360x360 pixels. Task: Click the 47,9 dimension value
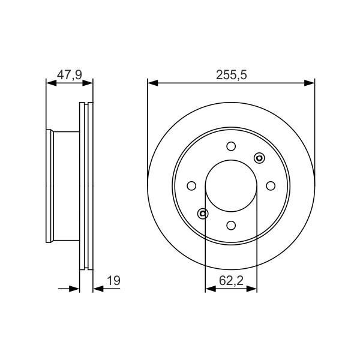coord(70,75)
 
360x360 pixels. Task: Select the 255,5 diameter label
coord(231,75)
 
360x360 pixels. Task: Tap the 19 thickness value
coord(113,281)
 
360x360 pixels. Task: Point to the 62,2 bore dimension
coord(231,281)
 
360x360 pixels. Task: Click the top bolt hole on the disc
coord(231,146)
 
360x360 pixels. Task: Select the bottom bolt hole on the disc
coord(231,225)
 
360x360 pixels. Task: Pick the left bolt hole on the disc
coord(191,186)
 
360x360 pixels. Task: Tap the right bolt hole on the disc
coord(271,186)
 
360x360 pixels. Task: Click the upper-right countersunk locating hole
coord(259,158)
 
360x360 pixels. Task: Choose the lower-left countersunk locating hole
coord(203,214)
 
